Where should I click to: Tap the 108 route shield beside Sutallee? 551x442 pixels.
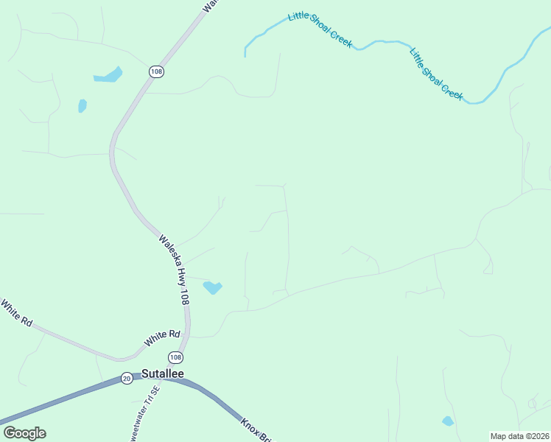[x=175, y=357]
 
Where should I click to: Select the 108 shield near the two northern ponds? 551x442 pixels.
[x=155, y=71]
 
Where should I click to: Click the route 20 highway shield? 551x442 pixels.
[x=127, y=378]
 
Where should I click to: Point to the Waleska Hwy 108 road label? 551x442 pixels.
[x=175, y=270]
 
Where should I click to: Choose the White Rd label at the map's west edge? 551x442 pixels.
[x=16, y=313]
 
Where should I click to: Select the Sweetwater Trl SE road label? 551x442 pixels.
[x=144, y=416]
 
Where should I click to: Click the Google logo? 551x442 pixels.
[x=24, y=433]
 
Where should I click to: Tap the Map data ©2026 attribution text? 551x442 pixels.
[x=520, y=436]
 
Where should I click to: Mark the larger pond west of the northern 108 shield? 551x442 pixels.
[x=108, y=75]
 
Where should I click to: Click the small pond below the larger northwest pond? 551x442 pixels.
[x=82, y=105]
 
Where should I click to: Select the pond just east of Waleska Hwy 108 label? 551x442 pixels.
[x=212, y=287]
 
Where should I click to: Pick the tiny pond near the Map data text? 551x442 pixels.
[x=447, y=421]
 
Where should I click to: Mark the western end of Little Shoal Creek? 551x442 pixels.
[x=245, y=53]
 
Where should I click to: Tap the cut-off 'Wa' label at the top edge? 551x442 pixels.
[x=210, y=5]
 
